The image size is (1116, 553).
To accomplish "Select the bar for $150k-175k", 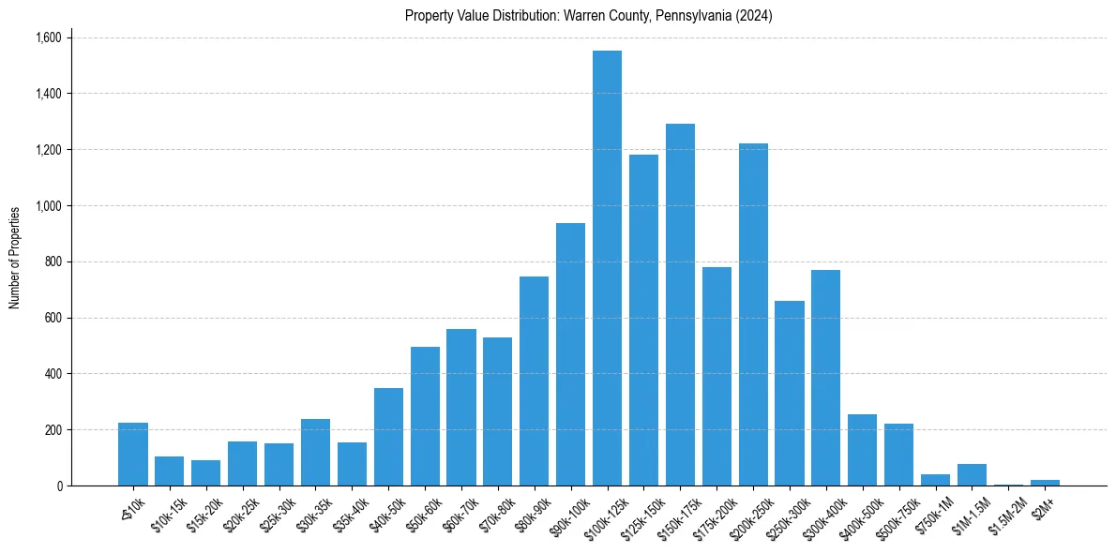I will pos(680,305).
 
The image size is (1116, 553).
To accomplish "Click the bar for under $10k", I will pos(133,455).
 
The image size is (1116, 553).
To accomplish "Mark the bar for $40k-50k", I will pos(388,437).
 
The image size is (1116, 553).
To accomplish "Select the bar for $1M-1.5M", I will pos(972,475).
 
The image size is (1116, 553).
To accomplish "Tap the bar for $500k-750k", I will pos(898,455).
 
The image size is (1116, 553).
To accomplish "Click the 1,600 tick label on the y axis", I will pos(48,37).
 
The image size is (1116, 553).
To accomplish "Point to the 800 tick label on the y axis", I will pos(53,262).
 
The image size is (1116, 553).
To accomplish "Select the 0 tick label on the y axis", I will pos(60,486).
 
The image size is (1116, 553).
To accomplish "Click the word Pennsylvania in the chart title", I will pos(695,16).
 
